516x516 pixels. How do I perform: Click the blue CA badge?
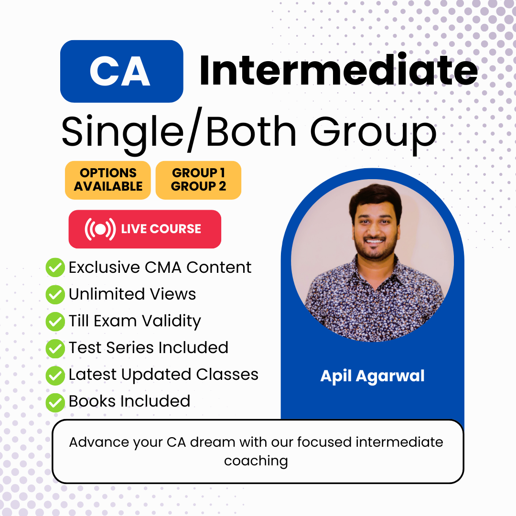click(121, 71)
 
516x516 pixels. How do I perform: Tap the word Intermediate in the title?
click(339, 70)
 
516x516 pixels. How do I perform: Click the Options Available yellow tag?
click(108, 180)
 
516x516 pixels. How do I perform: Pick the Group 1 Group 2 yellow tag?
click(198, 180)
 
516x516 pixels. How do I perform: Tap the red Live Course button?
click(145, 229)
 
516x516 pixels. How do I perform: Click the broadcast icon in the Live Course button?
click(100, 229)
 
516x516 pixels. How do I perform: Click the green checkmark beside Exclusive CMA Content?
click(55, 267)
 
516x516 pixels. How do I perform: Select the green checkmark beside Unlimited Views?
click(55, 294)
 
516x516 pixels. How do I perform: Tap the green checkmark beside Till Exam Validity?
click(55, 321)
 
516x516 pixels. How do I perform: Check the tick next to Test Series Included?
click(55, 348)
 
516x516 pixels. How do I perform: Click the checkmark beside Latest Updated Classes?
click(55, 375)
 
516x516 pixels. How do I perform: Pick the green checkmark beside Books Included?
click(55, 402)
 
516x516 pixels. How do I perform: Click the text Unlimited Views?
click(132, 294)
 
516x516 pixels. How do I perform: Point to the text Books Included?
click(129, 401)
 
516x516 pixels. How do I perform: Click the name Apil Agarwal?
click(373, 376)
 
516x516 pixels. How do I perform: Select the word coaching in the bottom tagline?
click(256, 461)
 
